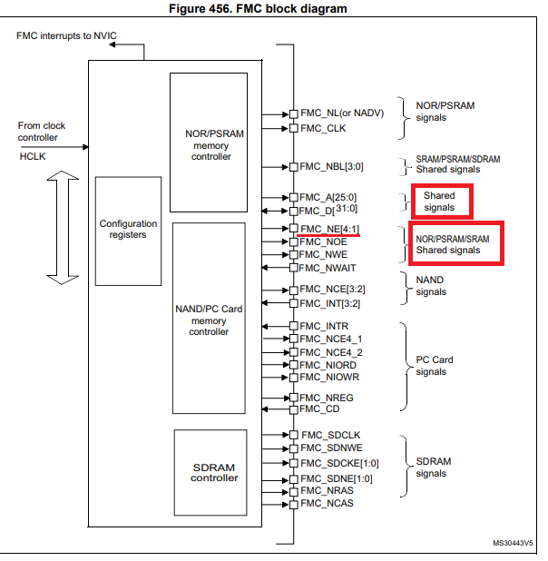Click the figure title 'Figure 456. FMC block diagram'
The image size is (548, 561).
271,8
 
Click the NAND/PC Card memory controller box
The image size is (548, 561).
209,318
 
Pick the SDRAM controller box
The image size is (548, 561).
210,472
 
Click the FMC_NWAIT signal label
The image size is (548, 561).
328,268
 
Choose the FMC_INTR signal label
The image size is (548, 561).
323,325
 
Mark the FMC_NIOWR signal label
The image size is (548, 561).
328,377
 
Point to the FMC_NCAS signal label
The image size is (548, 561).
327,503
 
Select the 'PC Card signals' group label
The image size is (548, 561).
429,366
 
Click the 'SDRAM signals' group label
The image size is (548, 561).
433,467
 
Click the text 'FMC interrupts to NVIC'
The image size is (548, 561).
66,34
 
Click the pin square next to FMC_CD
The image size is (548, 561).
293,409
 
